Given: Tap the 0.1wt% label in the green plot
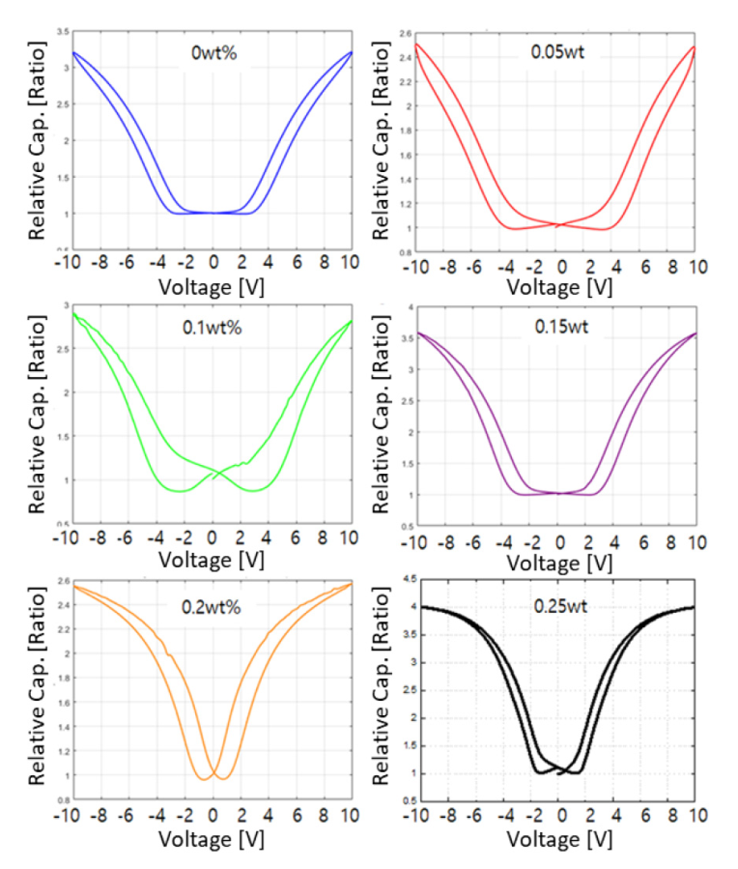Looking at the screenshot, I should click(x=213, y=328).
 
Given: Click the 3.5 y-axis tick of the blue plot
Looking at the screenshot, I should click(x=62, y=32).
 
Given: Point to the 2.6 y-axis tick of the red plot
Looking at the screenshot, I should click(x=404, y=33).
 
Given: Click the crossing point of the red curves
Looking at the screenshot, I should click(x=558, y=224).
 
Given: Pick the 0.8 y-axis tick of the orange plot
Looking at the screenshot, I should click(x=60, y=800).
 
